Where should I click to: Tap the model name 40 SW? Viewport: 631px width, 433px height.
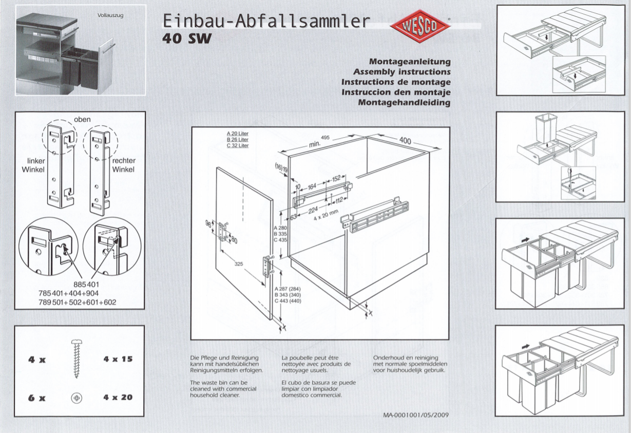pos(186,39)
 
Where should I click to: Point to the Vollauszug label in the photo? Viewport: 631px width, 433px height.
pos(110,15)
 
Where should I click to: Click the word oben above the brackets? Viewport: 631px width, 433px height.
pos(82,119)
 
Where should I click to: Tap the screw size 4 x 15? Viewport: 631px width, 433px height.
pos(118,359)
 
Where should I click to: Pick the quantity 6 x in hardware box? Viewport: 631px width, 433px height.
pos(37,398)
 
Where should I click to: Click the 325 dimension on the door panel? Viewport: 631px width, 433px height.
pos(239,264)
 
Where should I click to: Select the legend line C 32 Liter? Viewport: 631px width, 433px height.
pos(238,145)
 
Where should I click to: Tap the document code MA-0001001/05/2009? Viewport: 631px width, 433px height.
pos(416,415)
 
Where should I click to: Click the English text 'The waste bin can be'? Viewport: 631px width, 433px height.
pos(219,383)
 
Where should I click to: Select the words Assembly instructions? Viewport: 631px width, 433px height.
pos(401,71)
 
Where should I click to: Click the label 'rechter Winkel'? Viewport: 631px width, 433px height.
pos(124,165)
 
